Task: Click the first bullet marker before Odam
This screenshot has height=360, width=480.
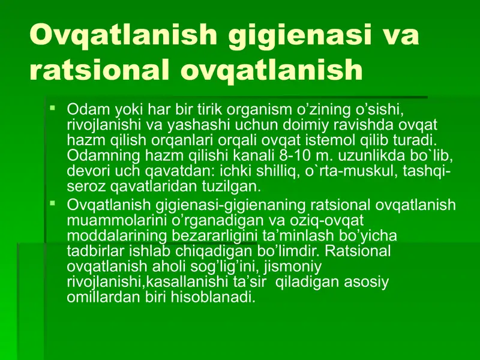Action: (53, 109)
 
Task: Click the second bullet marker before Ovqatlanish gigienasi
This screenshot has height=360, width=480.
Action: (53, 205)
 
